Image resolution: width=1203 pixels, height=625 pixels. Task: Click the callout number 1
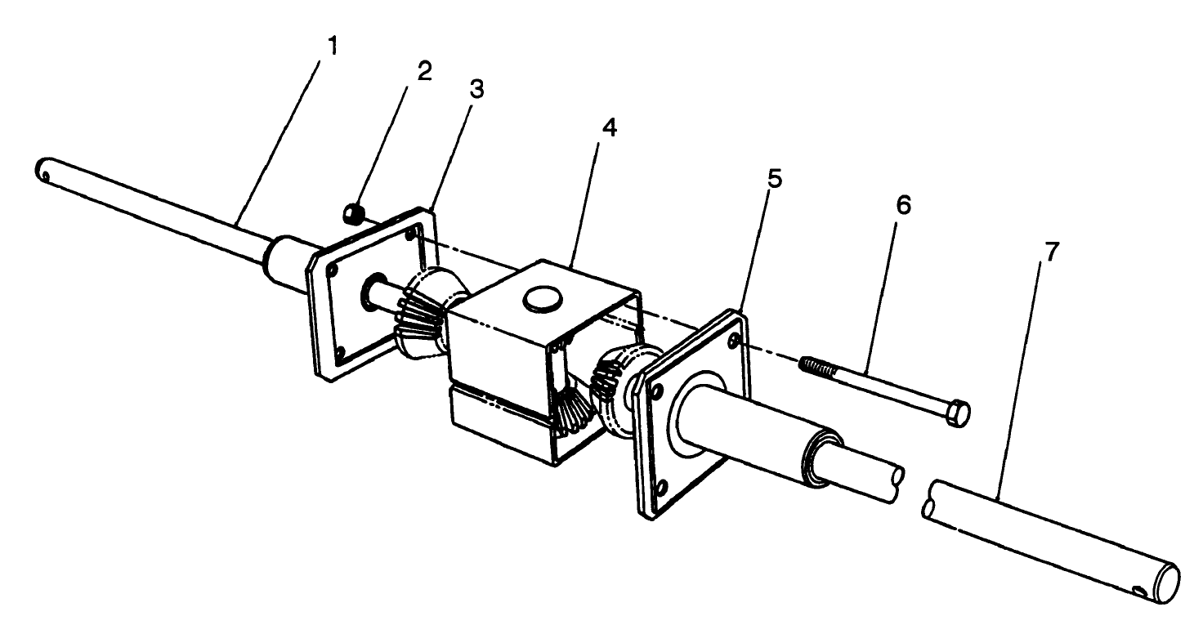(332, 46)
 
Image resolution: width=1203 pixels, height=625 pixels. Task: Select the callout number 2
(423, 70)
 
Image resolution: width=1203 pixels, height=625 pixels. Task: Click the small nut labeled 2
(351, 214)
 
